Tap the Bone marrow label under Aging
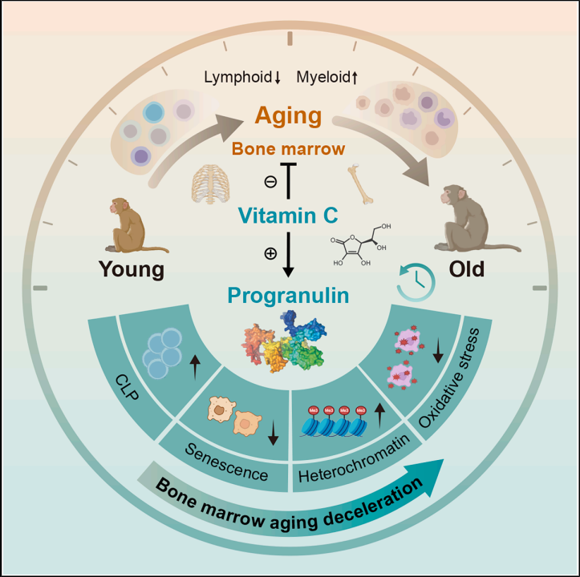point(288,148)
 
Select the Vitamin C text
point(288,215)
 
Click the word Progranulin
point(288,296)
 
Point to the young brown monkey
point(136,225)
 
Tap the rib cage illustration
point(210,184)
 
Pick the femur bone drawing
point(361,184)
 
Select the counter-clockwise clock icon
point(416,282)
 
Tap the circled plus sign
point(270,253)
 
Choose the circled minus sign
point(270,181)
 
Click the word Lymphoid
point(237,78)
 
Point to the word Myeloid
point(323,78)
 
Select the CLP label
point(128,387)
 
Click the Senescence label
point(226,462)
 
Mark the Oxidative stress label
point(448,378)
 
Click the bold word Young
point(132,269)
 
